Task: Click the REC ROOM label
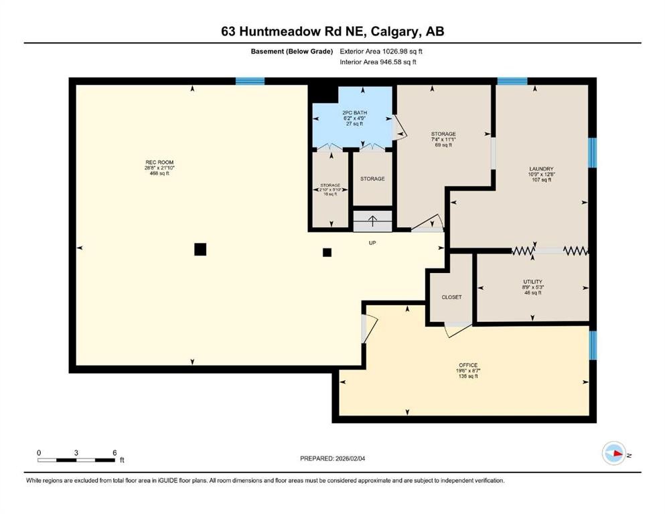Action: click(155, 163)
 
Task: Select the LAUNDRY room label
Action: click(540, 169)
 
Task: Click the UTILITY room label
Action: click(532, 282)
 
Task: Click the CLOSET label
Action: click(451, 297)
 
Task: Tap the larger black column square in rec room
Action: click(200, 249)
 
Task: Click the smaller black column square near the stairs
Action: click(327, 252)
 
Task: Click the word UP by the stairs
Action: click(372, 243)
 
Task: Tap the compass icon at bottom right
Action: click(613, 453)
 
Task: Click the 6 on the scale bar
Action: click(115, 453)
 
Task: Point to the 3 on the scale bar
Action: click(76, 453)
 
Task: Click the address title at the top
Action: click(332, 31)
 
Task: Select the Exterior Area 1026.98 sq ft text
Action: click(381, 51)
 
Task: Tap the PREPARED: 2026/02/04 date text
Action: click(332, 458)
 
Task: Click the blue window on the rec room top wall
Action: click(250, 82)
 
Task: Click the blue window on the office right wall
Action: click(592, 345)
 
